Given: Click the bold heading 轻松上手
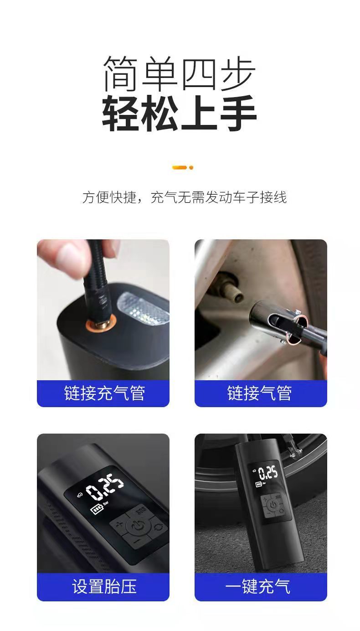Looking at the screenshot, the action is [x=179, y=113].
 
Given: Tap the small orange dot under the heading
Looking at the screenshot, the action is [x=191, y=168].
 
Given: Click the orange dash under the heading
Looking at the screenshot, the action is [x=180, y=168].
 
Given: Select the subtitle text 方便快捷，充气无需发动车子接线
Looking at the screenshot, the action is [x=185, y=197].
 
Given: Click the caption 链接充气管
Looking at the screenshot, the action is [x=104, y=393].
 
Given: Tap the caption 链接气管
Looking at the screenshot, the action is [x=259, y=393].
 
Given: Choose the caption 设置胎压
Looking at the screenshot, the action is [x=104, y=587].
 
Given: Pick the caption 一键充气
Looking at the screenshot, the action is [x=257, y=587].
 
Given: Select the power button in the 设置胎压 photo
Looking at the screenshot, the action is [x=138, y=527].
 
